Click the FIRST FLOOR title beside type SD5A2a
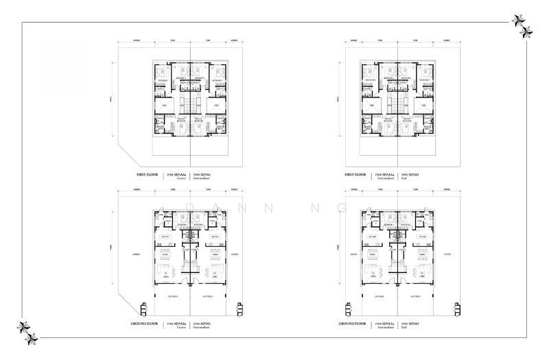point(145,176)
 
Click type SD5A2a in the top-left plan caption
point(176,175)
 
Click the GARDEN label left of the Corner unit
point(137,254)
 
